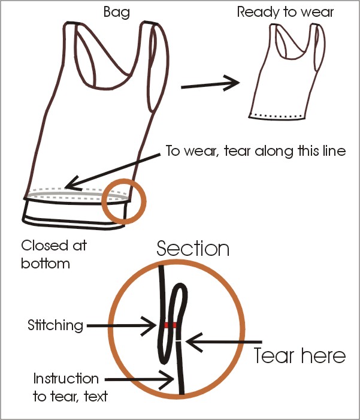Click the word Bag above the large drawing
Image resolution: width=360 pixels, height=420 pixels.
[117, 13]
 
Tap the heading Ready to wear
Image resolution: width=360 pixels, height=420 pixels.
[285, 13]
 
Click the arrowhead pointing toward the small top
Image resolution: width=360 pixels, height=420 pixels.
[232, 83]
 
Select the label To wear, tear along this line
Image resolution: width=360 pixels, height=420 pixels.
[256, 151]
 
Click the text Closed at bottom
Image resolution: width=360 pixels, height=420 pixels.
[54, 254]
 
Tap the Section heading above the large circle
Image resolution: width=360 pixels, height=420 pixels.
[193, 249]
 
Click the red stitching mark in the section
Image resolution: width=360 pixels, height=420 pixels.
[170, 325]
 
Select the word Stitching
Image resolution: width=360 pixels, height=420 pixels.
[56, 326]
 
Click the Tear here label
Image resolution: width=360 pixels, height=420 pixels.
[300, 355]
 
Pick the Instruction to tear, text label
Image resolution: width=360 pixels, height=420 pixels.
[70, 388]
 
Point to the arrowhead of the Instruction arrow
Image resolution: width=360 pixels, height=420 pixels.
[167, 380]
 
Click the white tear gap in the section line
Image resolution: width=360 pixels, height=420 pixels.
[179, 341]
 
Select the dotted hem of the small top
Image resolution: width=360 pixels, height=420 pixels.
[277, 116]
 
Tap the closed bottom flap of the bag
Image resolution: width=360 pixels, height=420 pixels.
[74, 214]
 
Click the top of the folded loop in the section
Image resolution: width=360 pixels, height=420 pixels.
[181, 284]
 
